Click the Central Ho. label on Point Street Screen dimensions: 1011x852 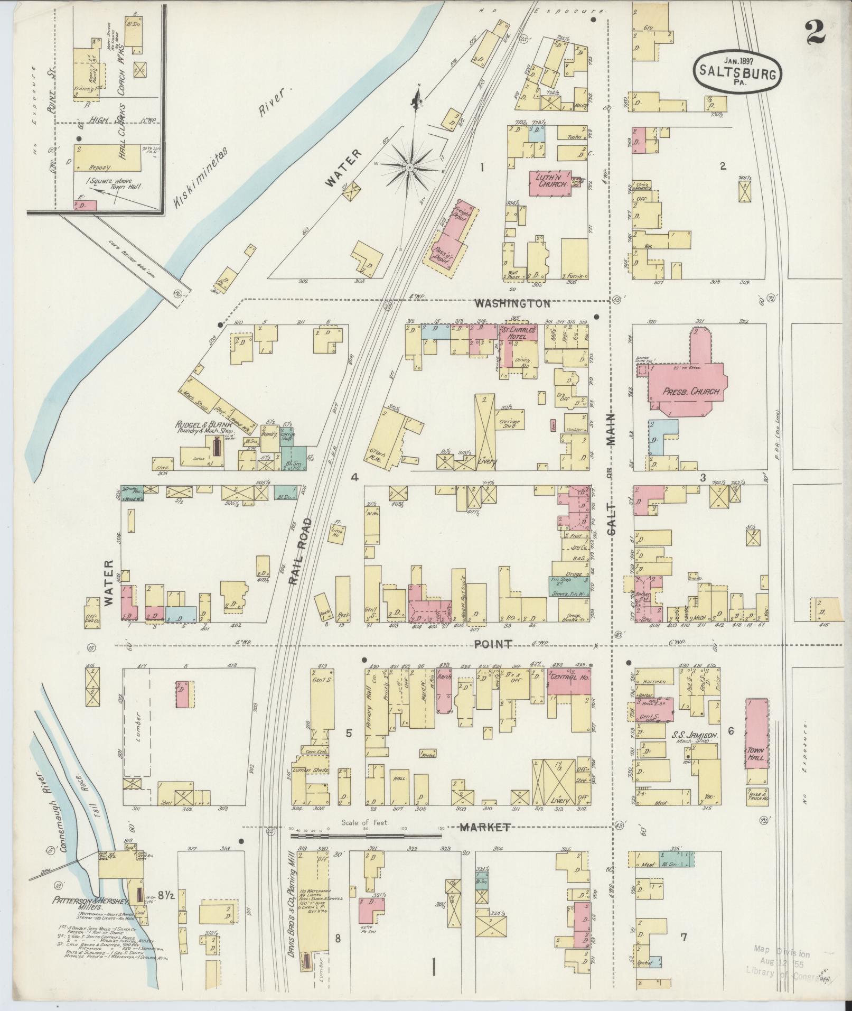point(569,678)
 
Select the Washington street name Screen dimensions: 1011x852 point(512,304)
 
